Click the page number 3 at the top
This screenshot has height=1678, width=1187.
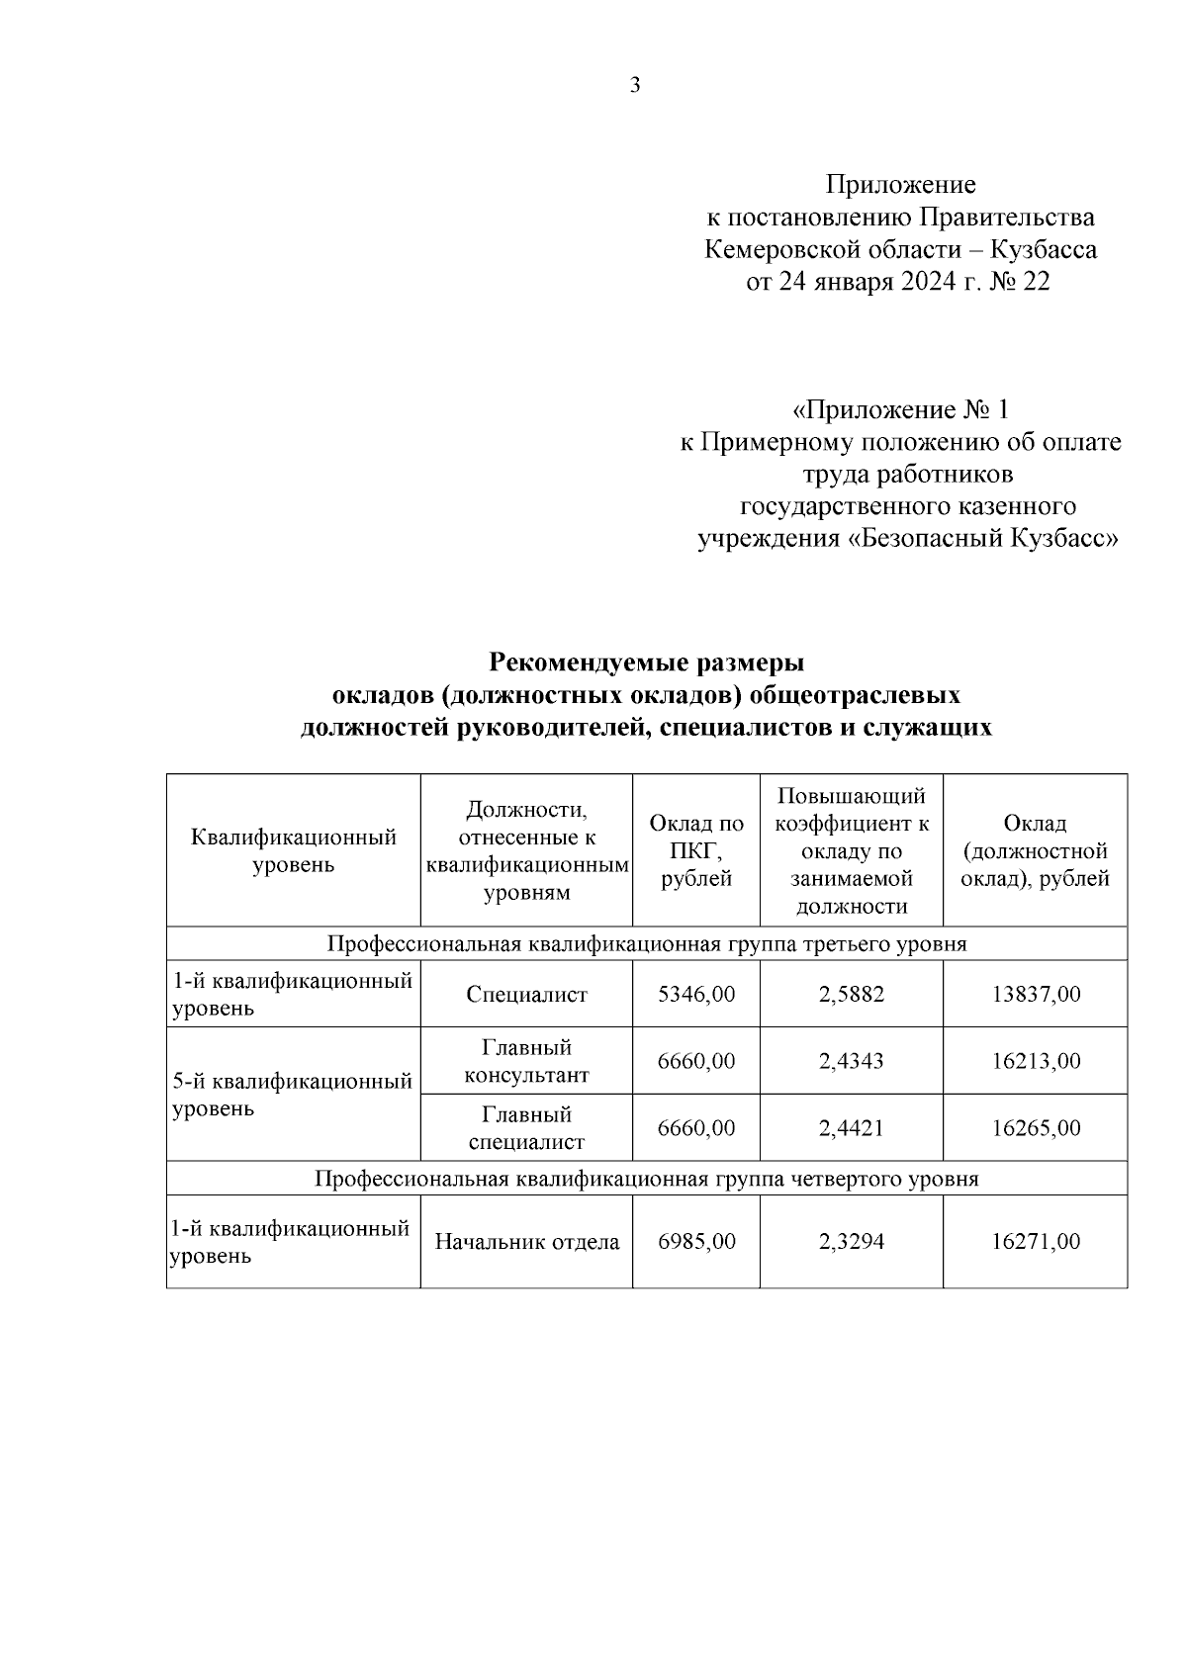coord(635,86)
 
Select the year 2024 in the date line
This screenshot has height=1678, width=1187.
coord(927,282)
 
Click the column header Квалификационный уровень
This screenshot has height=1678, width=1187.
coord(294,851)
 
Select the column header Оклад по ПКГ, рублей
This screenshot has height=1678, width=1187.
coord(696,851)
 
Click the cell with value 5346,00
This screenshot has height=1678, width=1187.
coord(696,994)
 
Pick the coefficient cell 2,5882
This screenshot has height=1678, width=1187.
coord(852,994)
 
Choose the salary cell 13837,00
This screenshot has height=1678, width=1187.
coord(1036,994)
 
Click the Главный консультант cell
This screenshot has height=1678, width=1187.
coord(526,1061)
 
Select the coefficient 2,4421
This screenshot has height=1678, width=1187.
coord(852,1128)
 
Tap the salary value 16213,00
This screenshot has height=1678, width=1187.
coord(1036,1061)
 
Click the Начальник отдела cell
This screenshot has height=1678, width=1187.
coord(526,1242)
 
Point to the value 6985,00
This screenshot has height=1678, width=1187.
coord(696,1242)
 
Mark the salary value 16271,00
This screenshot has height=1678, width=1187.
coord(1036,1242)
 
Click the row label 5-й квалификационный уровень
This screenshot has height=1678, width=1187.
coord(292,1095)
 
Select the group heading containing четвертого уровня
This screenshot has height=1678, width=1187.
coord(647,1179)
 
